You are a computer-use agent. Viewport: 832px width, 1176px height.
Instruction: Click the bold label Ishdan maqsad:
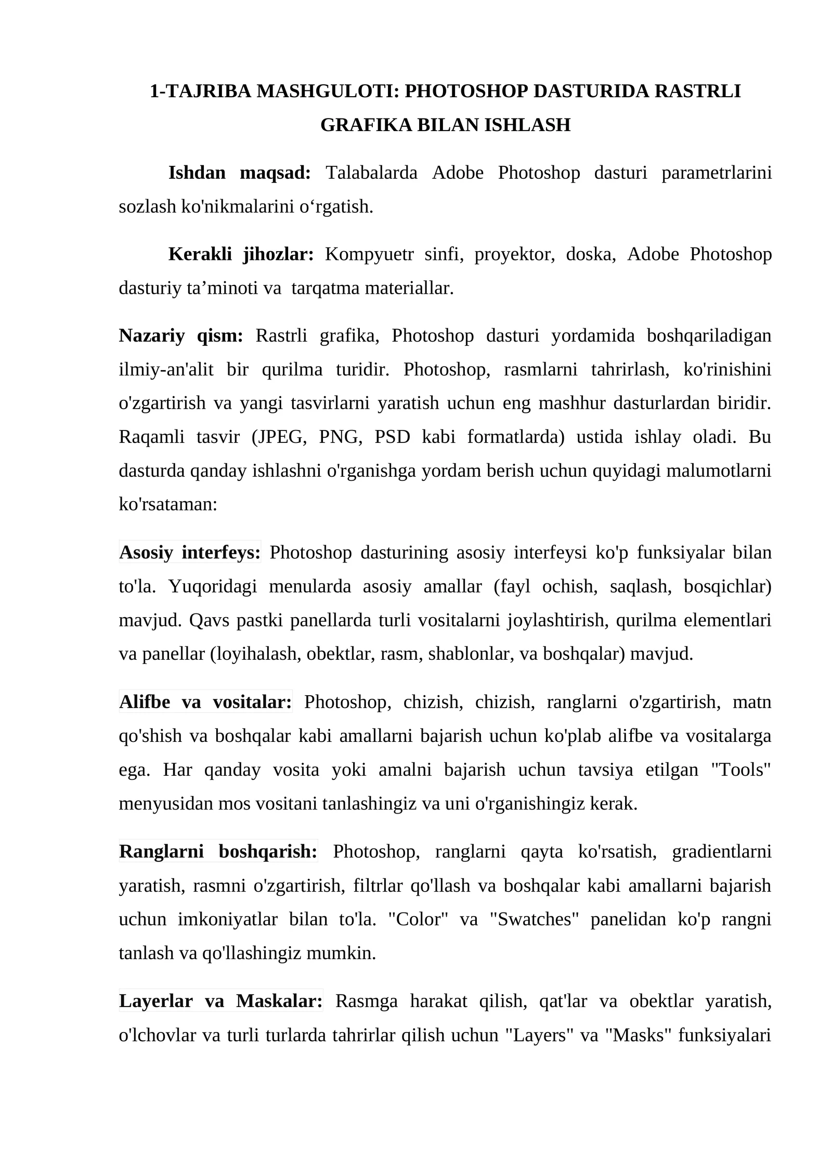[x=239, y=173]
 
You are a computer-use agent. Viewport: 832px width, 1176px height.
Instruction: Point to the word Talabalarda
[x=371, y=173]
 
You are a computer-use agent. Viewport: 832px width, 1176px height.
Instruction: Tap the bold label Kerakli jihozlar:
[x=241, y=255]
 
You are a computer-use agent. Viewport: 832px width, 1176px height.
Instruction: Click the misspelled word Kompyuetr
[x=369, y=255]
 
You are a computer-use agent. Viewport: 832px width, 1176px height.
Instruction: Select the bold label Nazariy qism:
[x=181, y=336]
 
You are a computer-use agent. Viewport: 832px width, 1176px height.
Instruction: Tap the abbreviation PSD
[x=392, y=437]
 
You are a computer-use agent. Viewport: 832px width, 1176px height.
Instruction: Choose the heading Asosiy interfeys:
[x=190, y=553]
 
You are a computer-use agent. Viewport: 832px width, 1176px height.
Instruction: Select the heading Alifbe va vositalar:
[x=205, y=702]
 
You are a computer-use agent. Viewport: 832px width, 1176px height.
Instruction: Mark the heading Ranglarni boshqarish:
[x=218, y=852]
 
